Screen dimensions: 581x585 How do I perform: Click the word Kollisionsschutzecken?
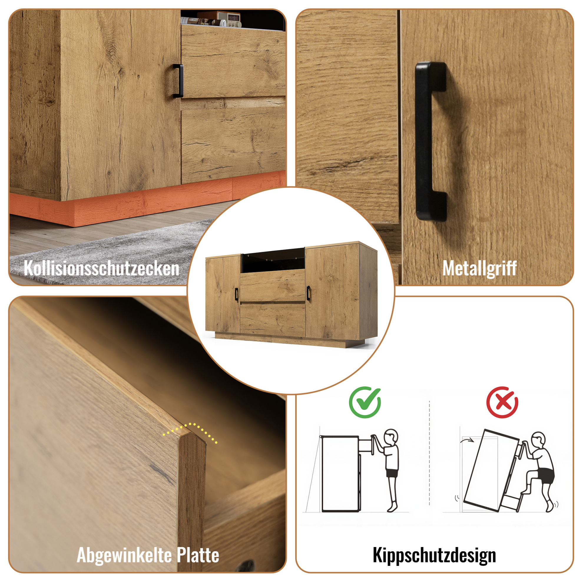pos(101,268)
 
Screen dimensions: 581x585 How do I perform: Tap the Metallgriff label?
pos(480,268)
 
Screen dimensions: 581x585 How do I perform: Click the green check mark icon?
pos(365,402)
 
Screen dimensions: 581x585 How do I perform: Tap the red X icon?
pos(502,402)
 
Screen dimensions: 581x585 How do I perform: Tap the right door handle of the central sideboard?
pos(308,293)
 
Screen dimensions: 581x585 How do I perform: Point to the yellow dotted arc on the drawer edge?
pos(190,431)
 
